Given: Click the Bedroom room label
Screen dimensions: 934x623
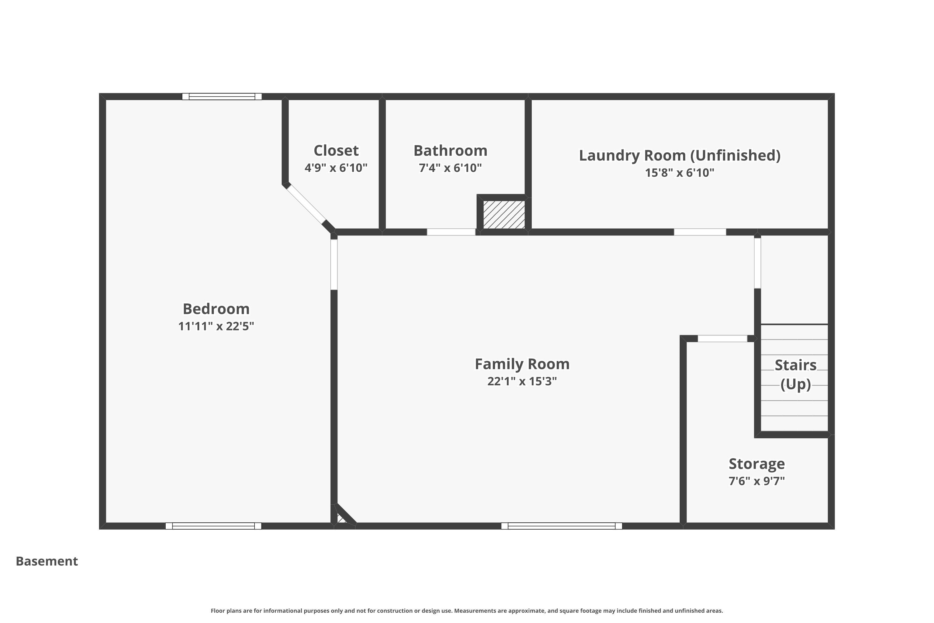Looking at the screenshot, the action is click(x=216, y=309).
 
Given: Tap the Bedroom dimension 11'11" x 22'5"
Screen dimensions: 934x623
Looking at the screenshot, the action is click(x=216, y=326).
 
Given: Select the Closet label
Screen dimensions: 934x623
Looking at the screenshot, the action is click(x=336, y=150).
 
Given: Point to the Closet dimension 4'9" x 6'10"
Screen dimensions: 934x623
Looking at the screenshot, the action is click(x=336, y=168).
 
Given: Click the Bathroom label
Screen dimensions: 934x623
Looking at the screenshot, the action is click(x=450, y=150).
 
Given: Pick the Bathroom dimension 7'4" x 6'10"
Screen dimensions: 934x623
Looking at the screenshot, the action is click(x=450, y=168).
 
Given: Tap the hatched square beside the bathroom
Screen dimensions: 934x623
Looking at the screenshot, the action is click(x=503, y=215).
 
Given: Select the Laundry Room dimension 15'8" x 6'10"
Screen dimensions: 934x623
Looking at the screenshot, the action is click(x=679, y=173).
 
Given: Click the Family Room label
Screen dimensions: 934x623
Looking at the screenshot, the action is click(x=522, y=364).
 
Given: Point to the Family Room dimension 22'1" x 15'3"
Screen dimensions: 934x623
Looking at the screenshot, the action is click(x=522, y=381).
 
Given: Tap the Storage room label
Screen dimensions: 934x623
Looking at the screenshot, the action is click(x=757, y=464).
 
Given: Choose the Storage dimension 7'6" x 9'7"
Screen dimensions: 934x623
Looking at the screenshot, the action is click(x=757, y=481).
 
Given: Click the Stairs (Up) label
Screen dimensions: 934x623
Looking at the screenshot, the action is click(x=795, y=374).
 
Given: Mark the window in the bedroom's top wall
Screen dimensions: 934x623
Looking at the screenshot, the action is click(x=222, y=97).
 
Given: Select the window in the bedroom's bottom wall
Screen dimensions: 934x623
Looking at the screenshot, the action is click(x=214, y=526).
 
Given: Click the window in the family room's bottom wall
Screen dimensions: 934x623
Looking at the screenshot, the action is click(x=562, y=526).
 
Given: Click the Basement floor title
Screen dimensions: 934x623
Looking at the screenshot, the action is click(x=47, y=561).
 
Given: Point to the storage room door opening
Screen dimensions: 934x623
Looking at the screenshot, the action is click(x=722, y=339).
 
